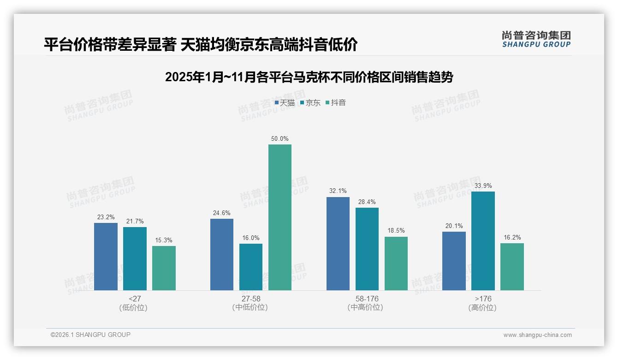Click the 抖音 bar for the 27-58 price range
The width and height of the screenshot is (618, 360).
point(280,217)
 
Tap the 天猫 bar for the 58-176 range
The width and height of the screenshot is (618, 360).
point(338,244)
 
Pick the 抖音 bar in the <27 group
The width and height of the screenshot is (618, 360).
point(164,268)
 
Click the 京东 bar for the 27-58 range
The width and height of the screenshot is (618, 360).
point(251,267)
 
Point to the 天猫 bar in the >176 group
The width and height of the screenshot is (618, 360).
point(454,261)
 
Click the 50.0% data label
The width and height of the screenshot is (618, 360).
point(280,138)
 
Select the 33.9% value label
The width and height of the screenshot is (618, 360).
point(483,186)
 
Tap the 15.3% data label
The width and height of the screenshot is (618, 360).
point(164,240)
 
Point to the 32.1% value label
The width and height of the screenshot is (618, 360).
point(338,191)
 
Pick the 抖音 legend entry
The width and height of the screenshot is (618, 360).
point(336,103)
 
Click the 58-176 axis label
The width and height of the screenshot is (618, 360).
point(367,299)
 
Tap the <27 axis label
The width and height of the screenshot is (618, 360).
point(135,299)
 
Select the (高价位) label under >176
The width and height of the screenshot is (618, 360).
point(482,307)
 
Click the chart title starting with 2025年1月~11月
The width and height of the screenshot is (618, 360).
point(309,77)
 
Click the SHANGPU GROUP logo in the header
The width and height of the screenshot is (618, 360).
point(536,39)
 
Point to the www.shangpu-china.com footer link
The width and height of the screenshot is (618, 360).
point(537,335)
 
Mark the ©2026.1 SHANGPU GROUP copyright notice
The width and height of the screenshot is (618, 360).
point(90,335)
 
